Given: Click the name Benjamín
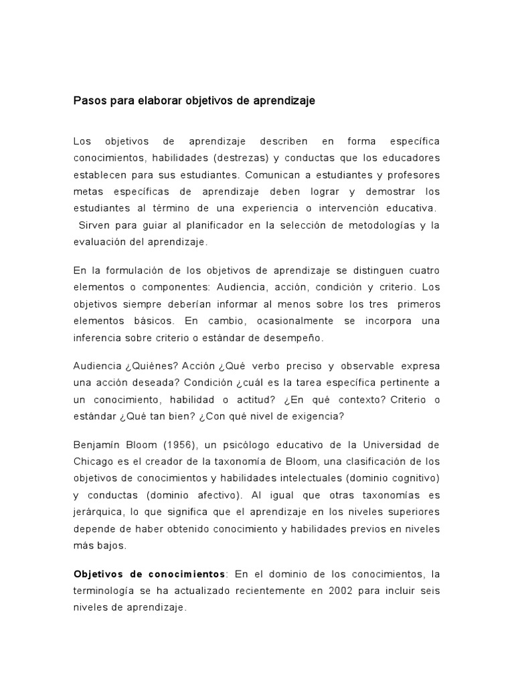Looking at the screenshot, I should (x=97, y=446).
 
